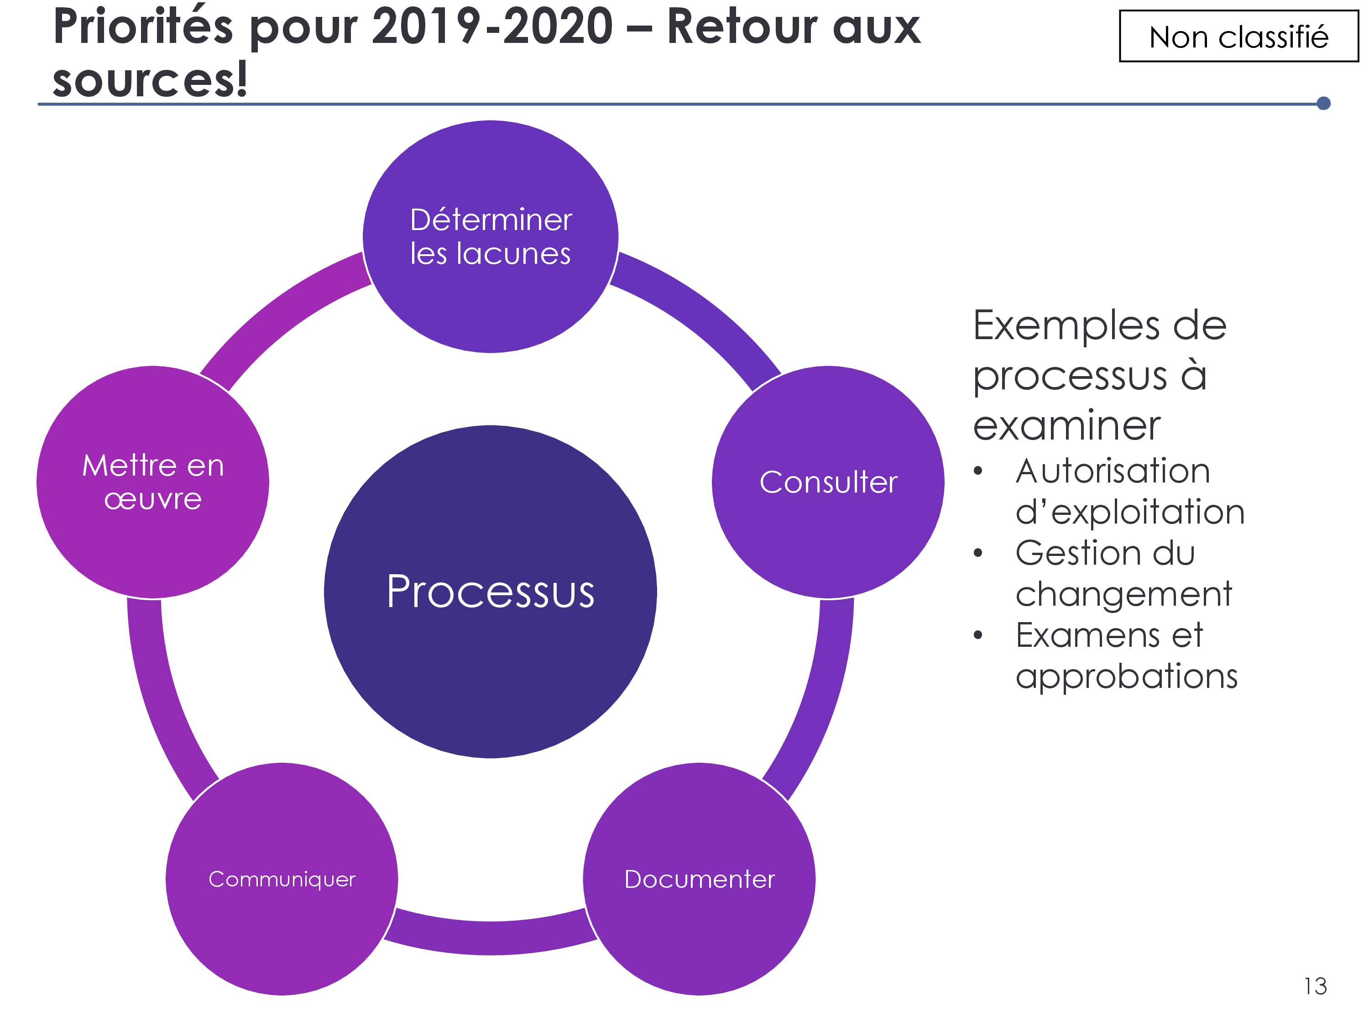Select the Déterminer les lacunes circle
490,236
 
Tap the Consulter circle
828,482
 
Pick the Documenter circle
700,879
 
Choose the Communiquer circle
282,879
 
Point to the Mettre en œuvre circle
153,482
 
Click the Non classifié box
1239,37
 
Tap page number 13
1315,986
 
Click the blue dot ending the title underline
1324,103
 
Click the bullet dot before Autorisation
978,472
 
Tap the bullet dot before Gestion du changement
978,553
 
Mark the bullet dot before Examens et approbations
978,636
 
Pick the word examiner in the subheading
1066,426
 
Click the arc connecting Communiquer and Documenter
491,937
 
